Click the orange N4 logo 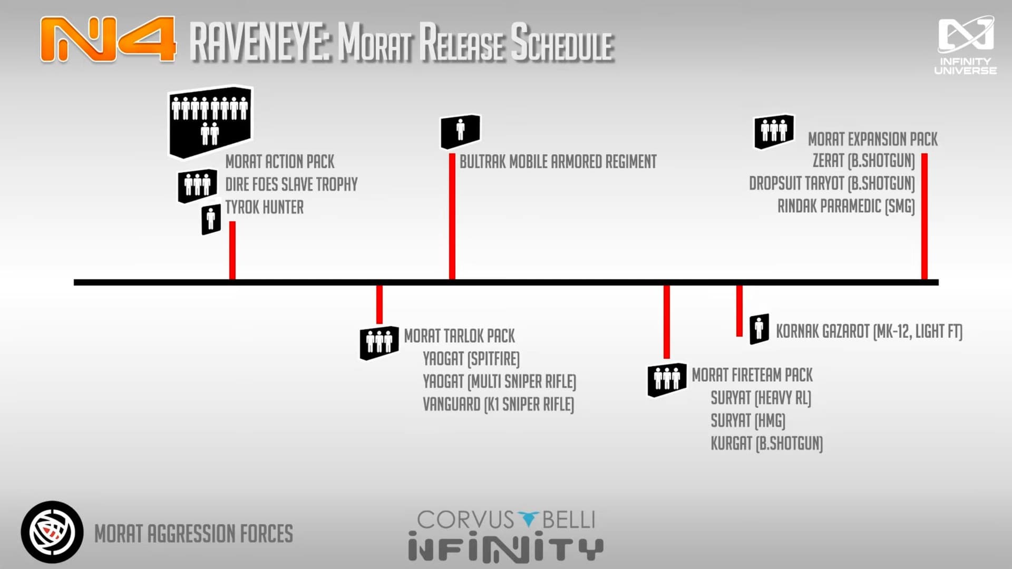click(108, 40)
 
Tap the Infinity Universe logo click(966, 46)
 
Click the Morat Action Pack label click(280, 161)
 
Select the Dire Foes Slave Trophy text click(291, 184)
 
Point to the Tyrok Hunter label click(265, 207)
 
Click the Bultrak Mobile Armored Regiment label click(558, 161)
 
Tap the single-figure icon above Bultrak click(460, 131)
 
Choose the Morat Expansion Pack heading click(873, 139)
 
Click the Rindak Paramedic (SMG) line click(846, 206)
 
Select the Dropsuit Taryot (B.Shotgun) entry click(832, 183)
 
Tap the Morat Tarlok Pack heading click(460, 336)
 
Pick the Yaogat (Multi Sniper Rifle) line click(499, 381)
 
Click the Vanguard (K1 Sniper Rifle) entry click(498, 404)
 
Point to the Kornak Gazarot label click(869, 331)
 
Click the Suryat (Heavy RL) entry click(761, 398)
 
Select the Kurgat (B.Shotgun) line click(766, 444)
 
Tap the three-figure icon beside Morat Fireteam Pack click(667, 379)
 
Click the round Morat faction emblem click(52, 532)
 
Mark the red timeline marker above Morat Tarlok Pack click(379, 305)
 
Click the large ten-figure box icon click(210, 122)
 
